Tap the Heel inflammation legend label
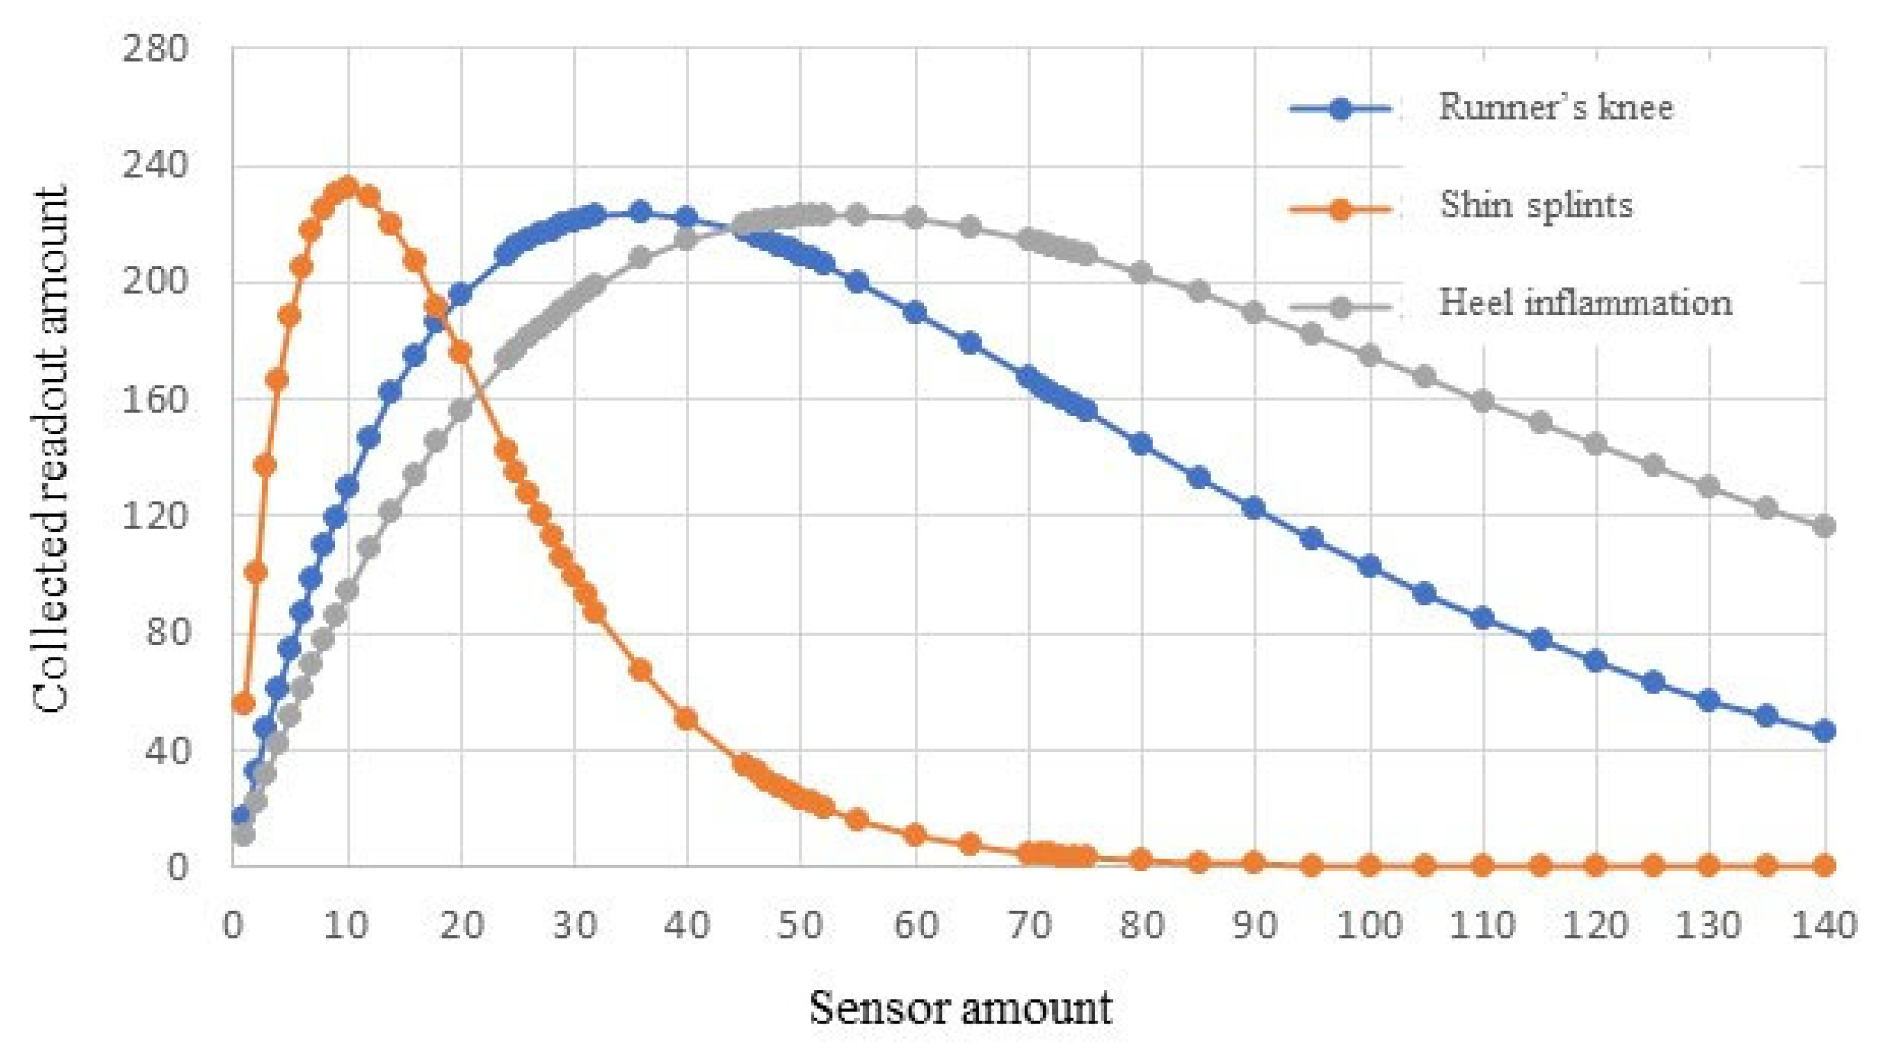click(1584, 303)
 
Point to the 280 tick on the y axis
click(156, 50)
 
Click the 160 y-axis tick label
click(156, 400)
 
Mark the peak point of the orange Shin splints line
click(347, 187)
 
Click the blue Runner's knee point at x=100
click(1370, 566)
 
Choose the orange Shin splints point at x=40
click(687, 718)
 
